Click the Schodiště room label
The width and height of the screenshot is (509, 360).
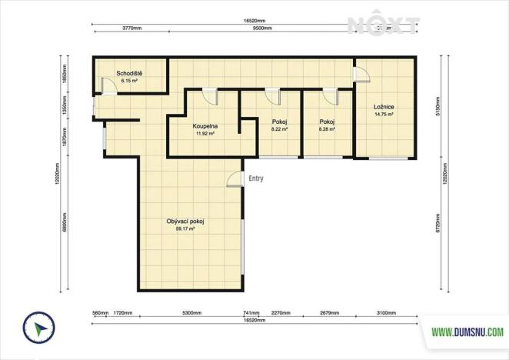coord(129,73)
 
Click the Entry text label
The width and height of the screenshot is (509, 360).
coord(256,178)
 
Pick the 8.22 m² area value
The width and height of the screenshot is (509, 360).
coord(279,129)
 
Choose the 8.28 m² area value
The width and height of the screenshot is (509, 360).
coord(328,129)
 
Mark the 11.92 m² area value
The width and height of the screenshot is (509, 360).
coord(204,132)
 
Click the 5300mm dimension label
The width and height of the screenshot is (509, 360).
coord(192,314)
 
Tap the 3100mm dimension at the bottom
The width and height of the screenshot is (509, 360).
coord(386,314)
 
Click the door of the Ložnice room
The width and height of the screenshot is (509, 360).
coord(360,71)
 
